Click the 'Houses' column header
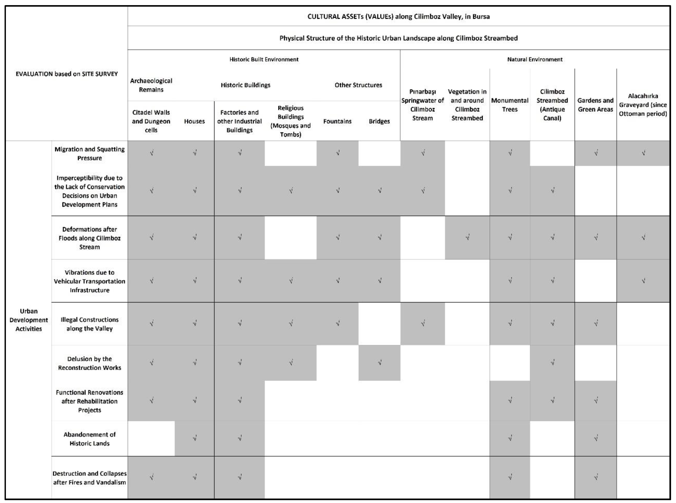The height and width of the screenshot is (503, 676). tap(194, 121)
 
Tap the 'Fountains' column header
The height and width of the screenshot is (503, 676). tap(337, 121)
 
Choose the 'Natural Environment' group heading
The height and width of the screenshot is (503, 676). tap(535, 59)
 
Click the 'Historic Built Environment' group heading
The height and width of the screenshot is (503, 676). tap(264, 59)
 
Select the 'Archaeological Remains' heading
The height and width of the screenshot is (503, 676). tap(151, 85)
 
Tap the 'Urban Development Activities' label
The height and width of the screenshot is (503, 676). tap(29, 320)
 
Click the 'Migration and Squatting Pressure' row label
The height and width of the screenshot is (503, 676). tap(90, 153)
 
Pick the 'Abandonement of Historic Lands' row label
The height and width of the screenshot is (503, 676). tap(90, 439)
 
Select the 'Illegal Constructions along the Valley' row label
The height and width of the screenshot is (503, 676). tap(90, 324)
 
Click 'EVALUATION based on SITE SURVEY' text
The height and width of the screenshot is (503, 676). tap(67, 74)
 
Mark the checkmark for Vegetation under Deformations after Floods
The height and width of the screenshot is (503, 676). tap(467, 237)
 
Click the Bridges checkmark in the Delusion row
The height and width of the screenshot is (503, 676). tap(379, 362)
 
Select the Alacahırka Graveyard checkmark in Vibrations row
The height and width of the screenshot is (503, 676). tap(643, 281)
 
